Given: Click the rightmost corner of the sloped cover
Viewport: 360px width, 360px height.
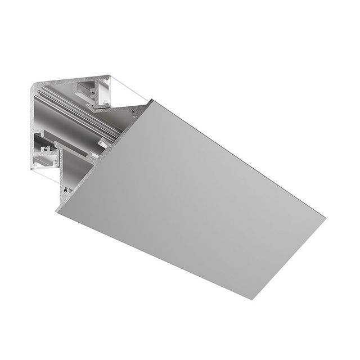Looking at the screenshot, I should [325, 214].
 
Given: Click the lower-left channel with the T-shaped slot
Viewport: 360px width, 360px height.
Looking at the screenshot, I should [47, 152].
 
